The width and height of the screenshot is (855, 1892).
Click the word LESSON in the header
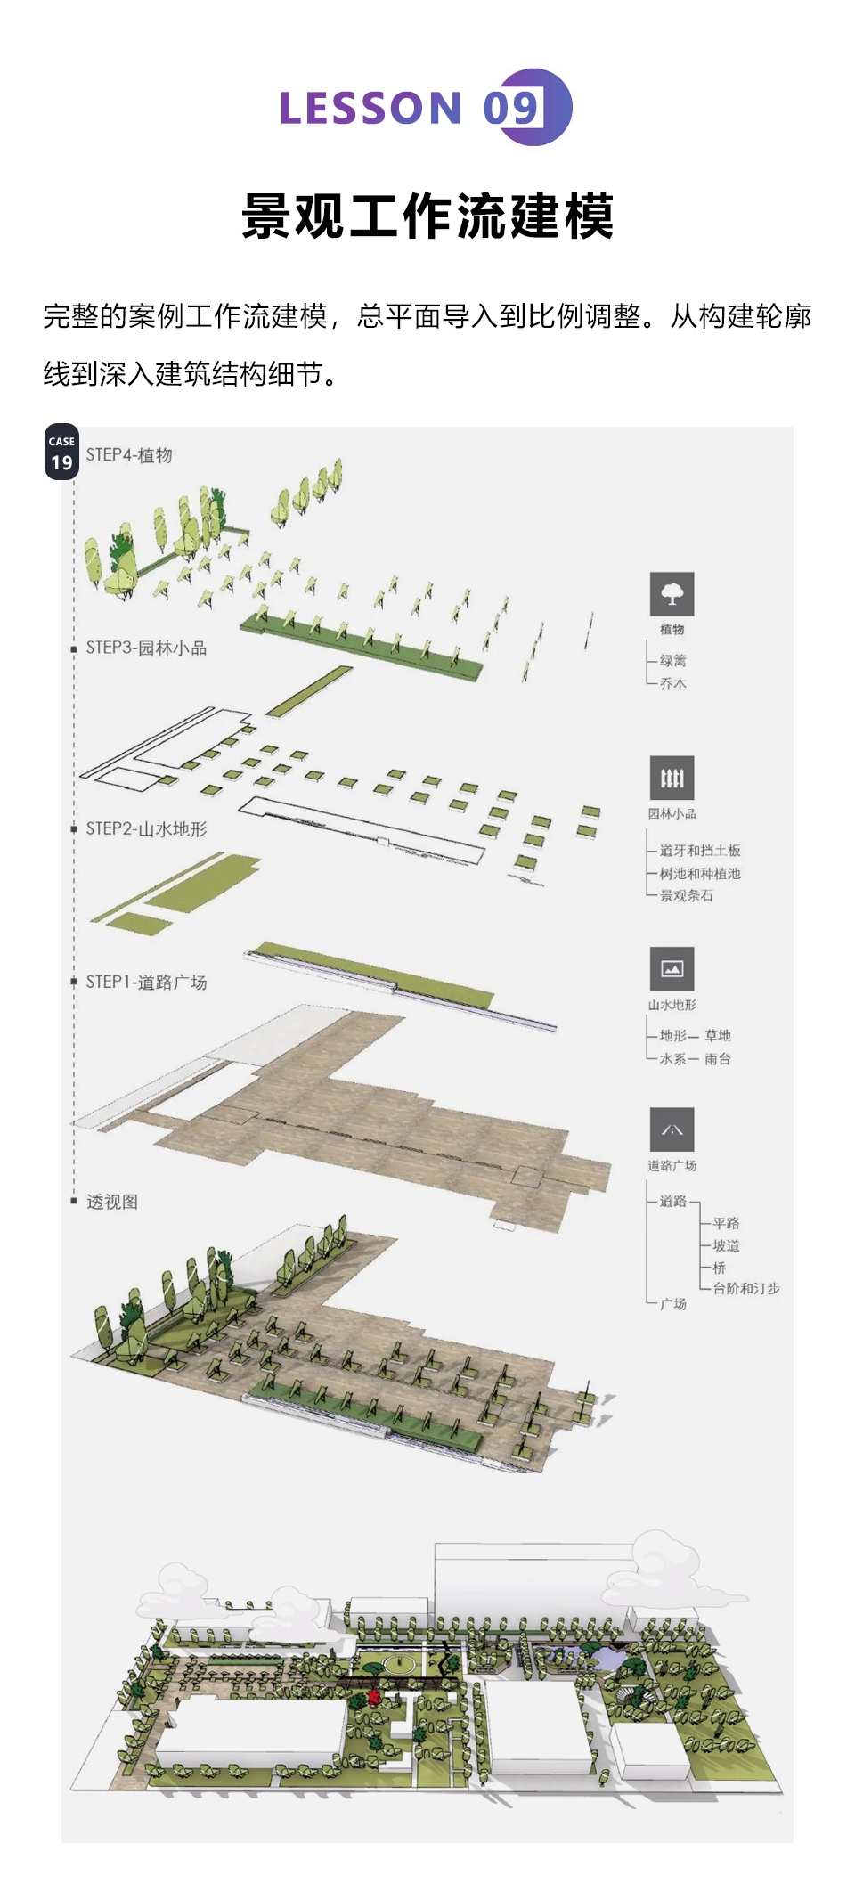pos(370,109)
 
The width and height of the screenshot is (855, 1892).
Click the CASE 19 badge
pos(61,453)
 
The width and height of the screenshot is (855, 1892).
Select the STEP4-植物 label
pos(129,455)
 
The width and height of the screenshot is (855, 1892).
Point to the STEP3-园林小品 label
pos(146,648)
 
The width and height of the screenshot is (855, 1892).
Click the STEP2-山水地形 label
pos(146,829)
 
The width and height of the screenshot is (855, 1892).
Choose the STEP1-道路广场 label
pos(146,983)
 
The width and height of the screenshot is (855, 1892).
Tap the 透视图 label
pos(111,1203)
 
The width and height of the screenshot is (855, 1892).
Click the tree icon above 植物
pos(672,594)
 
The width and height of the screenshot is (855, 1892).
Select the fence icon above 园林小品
pos(672,779)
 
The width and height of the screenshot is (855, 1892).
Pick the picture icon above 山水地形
pos(672,969)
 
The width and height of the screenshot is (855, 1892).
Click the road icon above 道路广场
pos(672,1130)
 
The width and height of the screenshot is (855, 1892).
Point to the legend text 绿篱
pos(672,661)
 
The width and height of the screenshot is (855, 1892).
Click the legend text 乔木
pos(672,684)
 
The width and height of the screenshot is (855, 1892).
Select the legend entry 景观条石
pos(686,896)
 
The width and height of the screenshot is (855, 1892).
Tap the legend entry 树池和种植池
pos(700,874)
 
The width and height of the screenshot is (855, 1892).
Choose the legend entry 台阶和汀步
pos(745,1289)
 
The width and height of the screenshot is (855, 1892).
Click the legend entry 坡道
pos(726,1246)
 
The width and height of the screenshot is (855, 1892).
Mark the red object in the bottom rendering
pos(374,1697)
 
